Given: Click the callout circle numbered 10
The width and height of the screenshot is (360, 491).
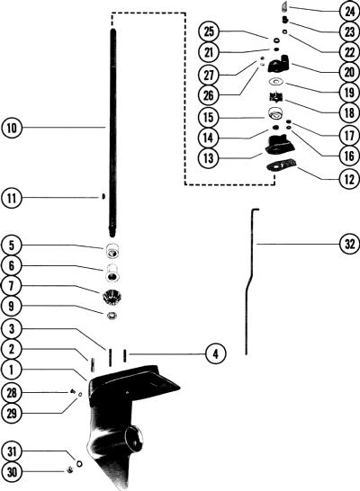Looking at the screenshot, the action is [x=12, y=128].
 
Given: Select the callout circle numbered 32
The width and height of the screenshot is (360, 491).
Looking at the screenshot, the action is [x=349, y=244].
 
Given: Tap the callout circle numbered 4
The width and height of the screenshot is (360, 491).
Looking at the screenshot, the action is [x=215, y=354].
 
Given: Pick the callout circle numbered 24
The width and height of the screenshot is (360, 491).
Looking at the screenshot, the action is [x=350, y=12].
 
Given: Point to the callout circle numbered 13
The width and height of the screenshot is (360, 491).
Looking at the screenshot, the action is [x=209, y=158].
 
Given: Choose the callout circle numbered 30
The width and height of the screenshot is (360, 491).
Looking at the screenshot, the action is [x=12, y=471].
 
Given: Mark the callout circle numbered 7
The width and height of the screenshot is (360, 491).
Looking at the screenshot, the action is [x=12, y=286].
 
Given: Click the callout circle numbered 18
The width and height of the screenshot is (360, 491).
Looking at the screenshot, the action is [x=350, y=112].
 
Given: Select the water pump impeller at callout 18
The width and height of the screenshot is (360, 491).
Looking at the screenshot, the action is [x=276, y=97].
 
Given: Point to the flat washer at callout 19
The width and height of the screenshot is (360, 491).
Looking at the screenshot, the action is [x=276, y=82].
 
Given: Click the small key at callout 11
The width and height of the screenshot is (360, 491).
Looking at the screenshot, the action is [x=103, y=197].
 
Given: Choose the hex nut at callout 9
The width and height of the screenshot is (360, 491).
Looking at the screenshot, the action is [x=112, y=316].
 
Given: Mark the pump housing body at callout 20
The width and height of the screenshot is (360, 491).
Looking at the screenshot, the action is [x=280, y=64].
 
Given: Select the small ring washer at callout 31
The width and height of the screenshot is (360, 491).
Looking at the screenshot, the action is [x=79, y=463].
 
